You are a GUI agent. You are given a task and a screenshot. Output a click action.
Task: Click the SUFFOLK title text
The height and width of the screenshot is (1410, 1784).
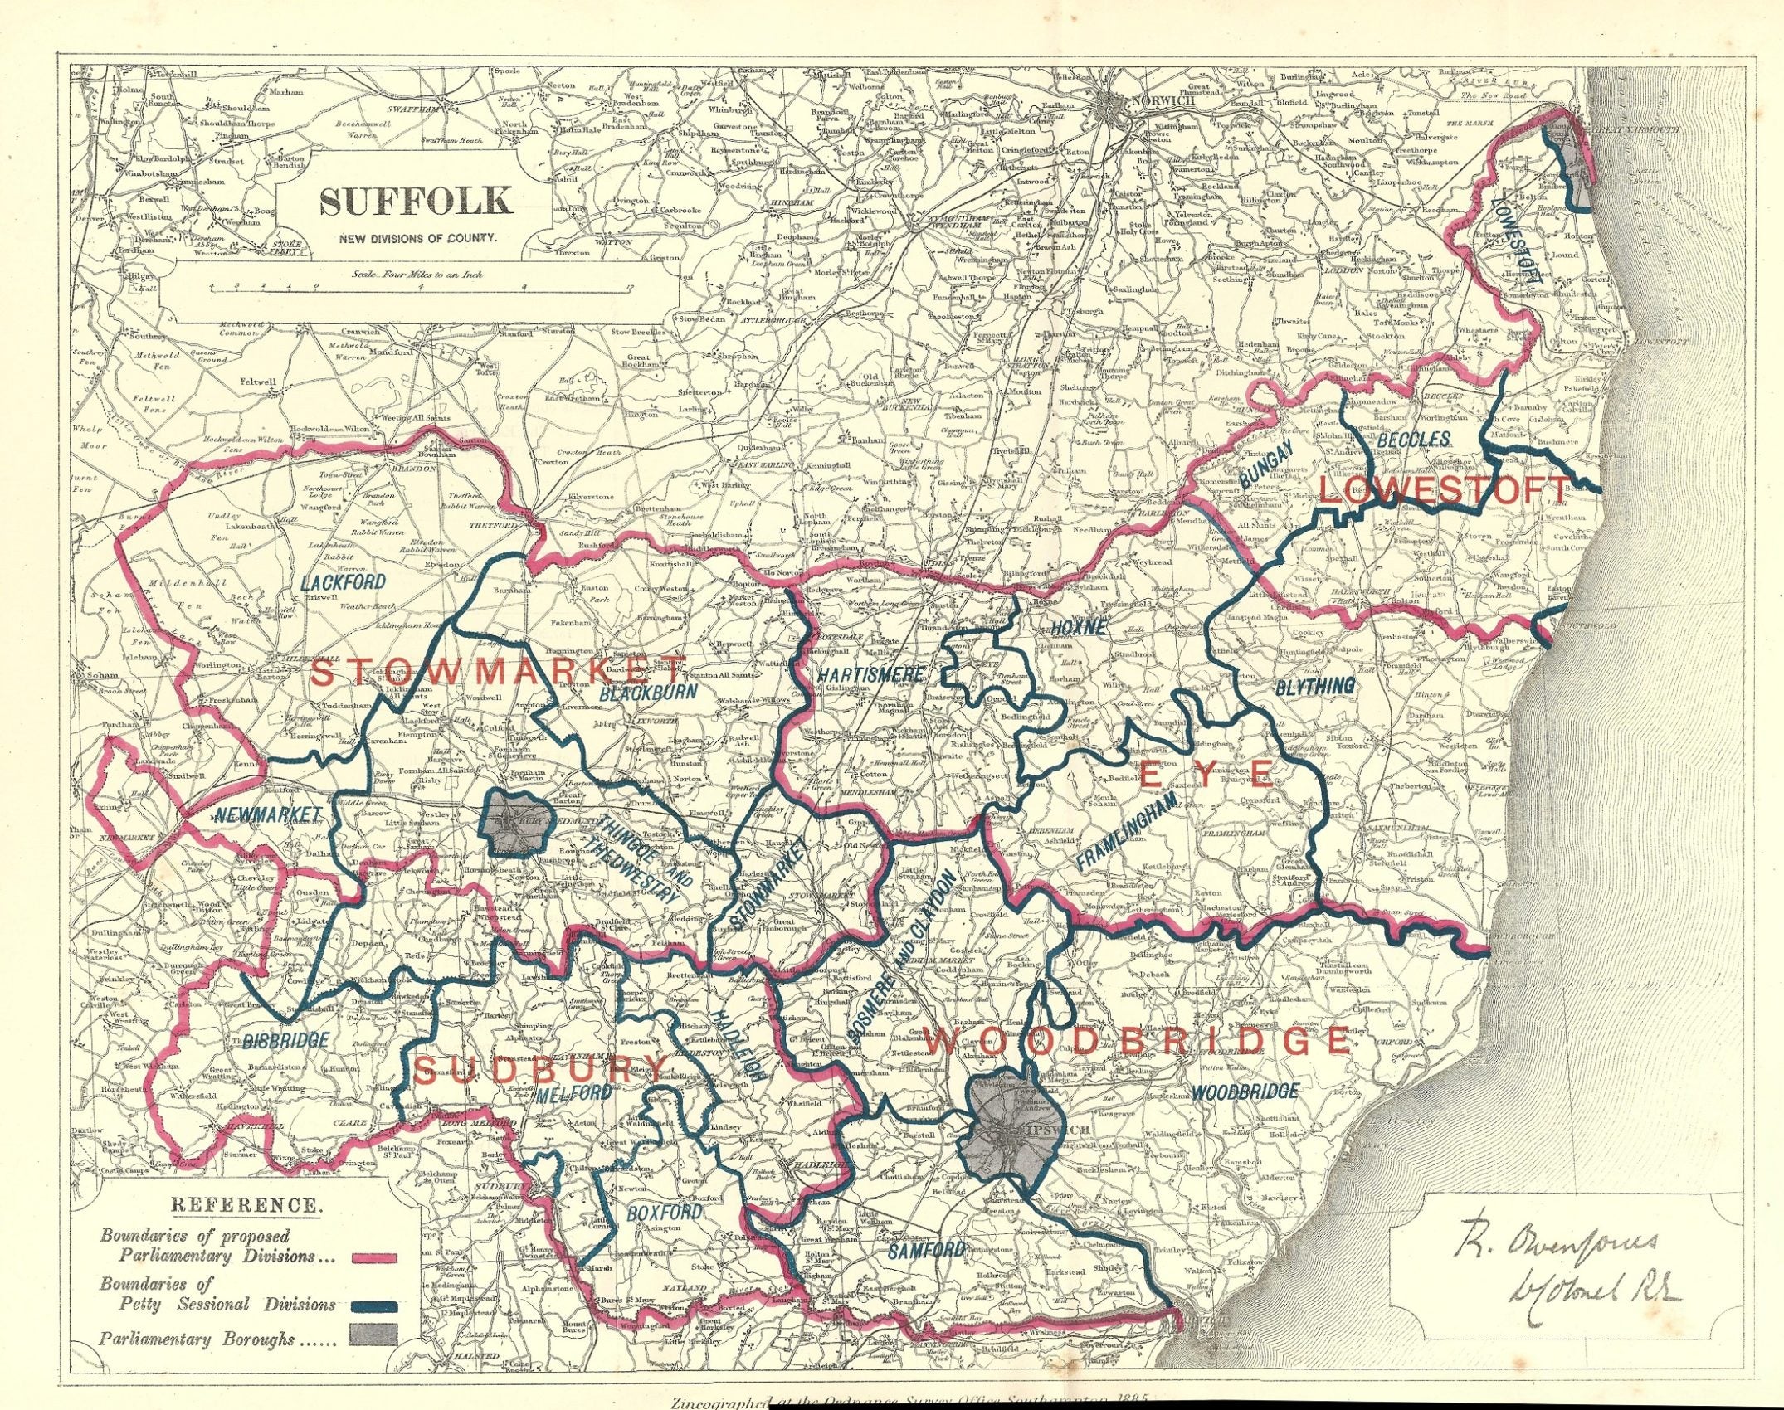coord(416,200)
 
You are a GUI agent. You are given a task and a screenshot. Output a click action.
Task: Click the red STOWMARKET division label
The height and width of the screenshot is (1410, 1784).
coord(499,670)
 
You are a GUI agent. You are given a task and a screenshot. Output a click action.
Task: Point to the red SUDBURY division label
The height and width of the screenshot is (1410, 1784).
coord(540,1068)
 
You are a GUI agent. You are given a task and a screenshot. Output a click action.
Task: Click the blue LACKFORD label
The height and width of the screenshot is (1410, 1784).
coord(343,581)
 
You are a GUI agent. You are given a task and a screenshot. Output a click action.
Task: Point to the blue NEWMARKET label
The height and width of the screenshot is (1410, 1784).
coord(266,815)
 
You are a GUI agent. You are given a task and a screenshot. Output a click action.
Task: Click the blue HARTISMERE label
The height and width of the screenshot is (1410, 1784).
coord(870,675)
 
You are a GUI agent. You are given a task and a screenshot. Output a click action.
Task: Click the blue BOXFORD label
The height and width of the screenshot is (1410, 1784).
coord(665,1213)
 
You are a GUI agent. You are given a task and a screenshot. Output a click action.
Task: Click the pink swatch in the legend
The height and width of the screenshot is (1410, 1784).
coord(374,1258)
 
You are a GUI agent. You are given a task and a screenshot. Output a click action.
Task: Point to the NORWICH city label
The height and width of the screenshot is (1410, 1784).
coord(1166,100)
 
